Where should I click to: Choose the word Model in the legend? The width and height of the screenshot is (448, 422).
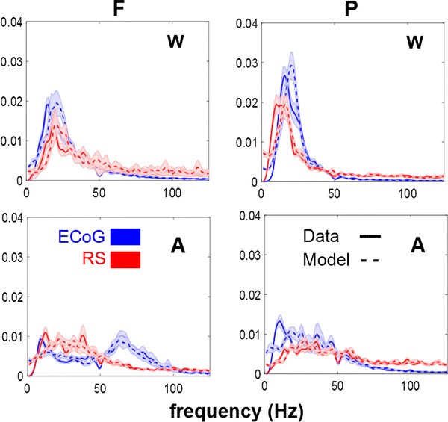tap(326, 258)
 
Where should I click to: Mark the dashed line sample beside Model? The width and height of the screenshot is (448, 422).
tap(369, 259)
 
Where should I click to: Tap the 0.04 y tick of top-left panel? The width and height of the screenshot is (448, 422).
tap(11, 23)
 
